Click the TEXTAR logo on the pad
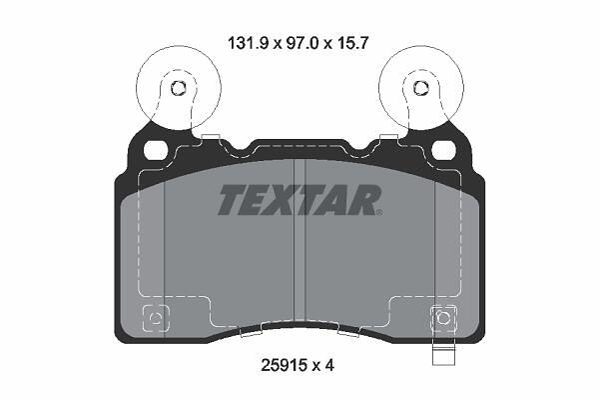(x=299, y=200)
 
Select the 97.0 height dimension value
(x=299, y=43)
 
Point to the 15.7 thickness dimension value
(x=351, y=43)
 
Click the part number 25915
(x=284, y=366)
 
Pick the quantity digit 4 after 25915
(x=329, y=366)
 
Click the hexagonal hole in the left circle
(x=178, y=88)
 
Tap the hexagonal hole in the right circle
(x=420, y=88)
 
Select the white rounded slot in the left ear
(x=157, y=150)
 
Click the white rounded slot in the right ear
(x=444, y=150)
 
